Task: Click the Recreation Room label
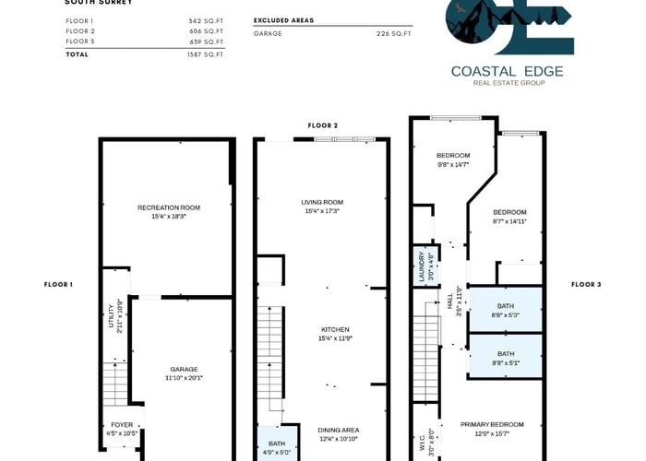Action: pos(169,207)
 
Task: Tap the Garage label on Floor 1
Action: pos(185,370)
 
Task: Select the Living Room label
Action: pos(322,202)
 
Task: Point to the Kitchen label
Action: pos(335,330)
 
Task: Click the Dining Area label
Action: pos(339,431)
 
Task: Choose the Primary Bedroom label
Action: pos(492,424)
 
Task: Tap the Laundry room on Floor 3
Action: pos(426,266)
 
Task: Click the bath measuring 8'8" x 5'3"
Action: pos(506,310)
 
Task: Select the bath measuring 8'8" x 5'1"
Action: pos(506,357)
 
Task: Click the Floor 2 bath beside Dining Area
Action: pos(277,443)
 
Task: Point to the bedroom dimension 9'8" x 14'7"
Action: pos(453,165)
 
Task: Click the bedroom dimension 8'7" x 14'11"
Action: pos(510,221)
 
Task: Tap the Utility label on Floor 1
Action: pos(111,315)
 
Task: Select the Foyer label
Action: pos(122,425)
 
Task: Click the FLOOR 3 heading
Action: pos(586,284)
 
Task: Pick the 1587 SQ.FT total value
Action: pos(205,54)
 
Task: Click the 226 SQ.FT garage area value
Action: pos(394,34)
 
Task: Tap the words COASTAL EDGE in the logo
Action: pos(508,71)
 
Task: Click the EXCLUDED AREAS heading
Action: pos(283,20)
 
